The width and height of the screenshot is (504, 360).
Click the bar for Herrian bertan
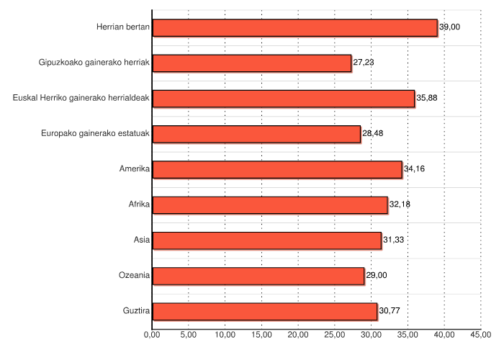(x=295, y=27)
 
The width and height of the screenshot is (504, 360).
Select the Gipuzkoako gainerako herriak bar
(x=252, y=63)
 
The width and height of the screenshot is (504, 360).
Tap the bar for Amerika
(x=277, y=169)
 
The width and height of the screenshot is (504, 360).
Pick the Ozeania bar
(x=258, y=276)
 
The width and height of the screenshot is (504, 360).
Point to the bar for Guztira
(x=265, y=311)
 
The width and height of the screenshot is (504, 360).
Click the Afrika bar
(x=270, y=204)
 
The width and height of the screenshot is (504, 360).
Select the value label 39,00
(x=450, y=27)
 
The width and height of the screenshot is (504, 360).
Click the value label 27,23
(x=364, y=63)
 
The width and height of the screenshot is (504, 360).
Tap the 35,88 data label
(x=427, y=98)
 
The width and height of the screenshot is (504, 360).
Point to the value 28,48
(x=372, y=134)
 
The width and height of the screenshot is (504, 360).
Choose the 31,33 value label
(x=393, y=240)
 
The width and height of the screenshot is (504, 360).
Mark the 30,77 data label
(x=390, y=311)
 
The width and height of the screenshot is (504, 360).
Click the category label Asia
(x=142, y=240)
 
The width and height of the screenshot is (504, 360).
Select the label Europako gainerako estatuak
(x=95, y=134)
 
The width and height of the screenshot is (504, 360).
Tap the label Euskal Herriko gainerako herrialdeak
(x=81, y=98)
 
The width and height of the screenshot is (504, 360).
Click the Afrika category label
(x=139, y=204)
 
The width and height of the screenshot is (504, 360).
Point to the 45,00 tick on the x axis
(x=481, y=335)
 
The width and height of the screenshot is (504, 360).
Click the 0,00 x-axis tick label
(x=152, y=335)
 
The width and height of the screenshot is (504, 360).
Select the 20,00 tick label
(x=298, y=335)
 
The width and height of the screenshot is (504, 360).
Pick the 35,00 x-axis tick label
(x=408, y=335)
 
